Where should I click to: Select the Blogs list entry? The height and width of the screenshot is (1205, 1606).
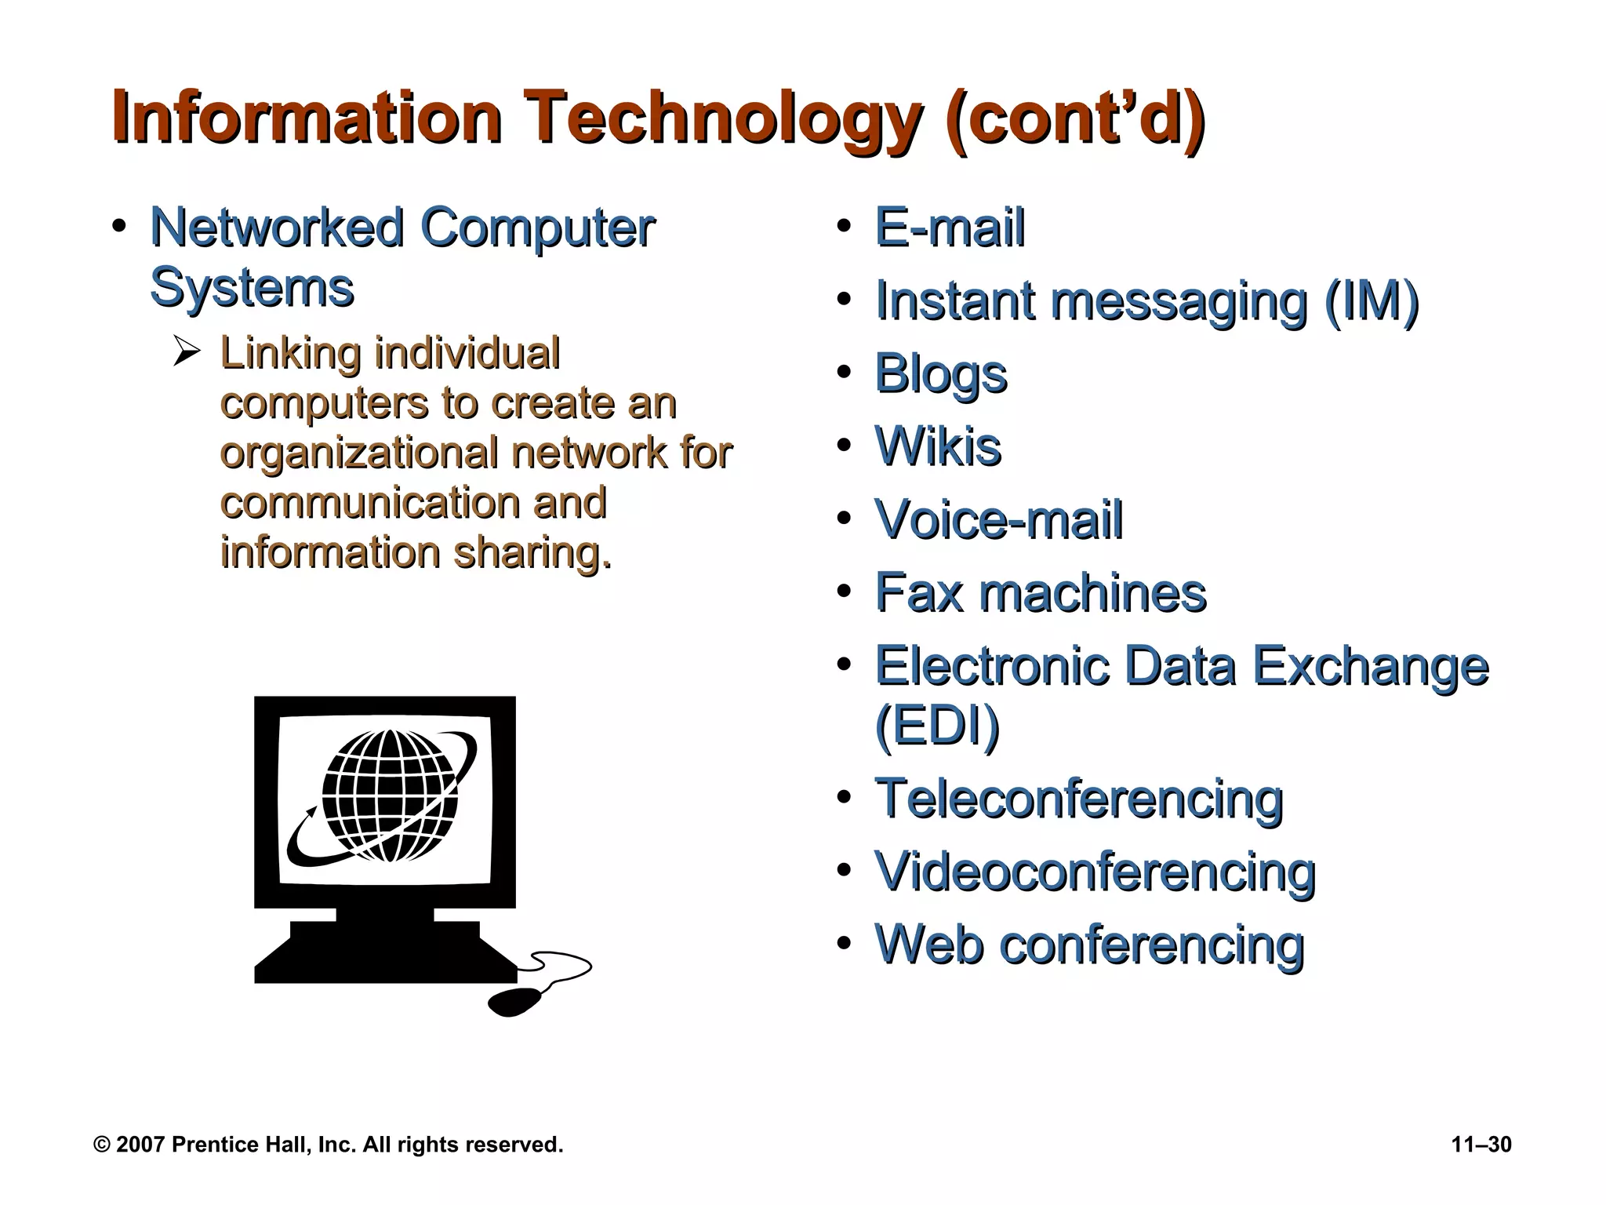tap(940, 374)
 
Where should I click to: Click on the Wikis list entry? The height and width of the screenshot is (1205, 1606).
tap(938, 446)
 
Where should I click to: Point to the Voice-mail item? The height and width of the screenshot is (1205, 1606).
tap(998, 519)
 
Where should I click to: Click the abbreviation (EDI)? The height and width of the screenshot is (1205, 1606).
tap(937, 726)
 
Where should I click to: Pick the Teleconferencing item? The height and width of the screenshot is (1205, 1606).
tap(1079, 799)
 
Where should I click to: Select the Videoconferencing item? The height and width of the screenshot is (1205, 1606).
tap(1095, 872)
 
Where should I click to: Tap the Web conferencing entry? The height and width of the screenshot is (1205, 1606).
tap(1089, 945)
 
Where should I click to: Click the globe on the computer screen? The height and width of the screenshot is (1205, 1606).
tap(389, 795)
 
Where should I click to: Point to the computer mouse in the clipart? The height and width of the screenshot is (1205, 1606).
tap(514, 1002)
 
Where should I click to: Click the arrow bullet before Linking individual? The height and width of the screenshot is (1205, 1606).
tap(187, 352)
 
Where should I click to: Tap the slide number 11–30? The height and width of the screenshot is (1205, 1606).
tap(1481, 1145)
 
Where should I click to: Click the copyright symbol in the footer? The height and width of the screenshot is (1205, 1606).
tap(101, 1145)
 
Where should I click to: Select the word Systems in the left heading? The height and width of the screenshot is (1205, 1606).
tap(252, 287)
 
